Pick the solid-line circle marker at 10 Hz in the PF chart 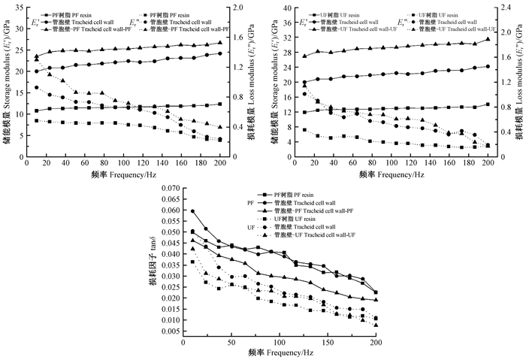click(37, 71)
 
